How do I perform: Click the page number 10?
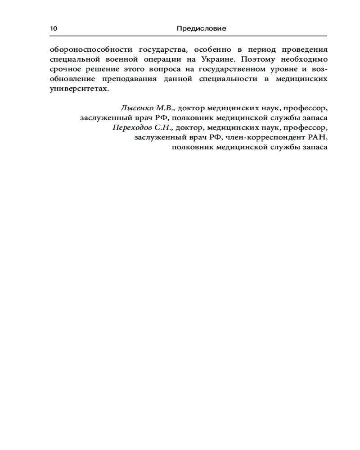[x=54, y=28]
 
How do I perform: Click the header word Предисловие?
[x=201, y=28]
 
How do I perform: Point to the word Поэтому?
[x=255, y=59]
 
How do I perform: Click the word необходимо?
[x=301, y=59]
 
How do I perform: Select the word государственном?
[x=229, y=69]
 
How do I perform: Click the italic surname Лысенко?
[x=137, y=108]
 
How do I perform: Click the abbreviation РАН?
[x=318, y=137]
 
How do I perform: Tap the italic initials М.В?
[x=166, y=108]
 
